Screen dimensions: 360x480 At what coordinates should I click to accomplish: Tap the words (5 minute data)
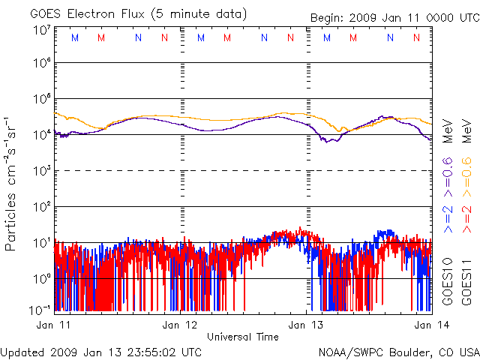[x=202, y=14]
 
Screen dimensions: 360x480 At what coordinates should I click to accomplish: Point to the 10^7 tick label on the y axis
[x=42, y=30]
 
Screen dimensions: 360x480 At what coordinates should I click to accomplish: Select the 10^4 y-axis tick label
[x=42, y=134]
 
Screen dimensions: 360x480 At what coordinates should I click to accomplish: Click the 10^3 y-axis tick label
[x=42, y=170]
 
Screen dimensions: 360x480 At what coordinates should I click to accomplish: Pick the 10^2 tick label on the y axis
[x=42, y=206]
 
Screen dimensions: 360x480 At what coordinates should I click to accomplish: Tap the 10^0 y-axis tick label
[x=42, y=278]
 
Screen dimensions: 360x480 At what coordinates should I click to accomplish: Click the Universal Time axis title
[x=242, y=337]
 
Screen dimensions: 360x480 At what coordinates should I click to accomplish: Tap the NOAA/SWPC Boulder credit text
[x=397, y=351]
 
